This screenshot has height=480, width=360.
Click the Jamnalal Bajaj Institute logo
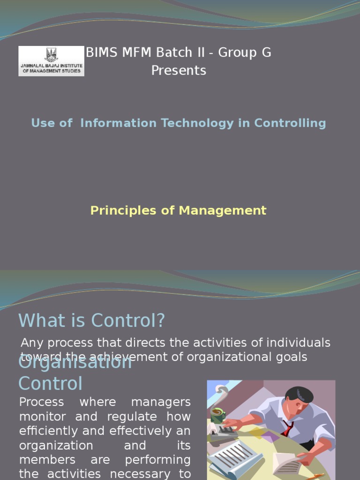pyautogui.click(x=52, y=61)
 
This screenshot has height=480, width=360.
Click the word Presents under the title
pyautogui.click(x=179, y=71)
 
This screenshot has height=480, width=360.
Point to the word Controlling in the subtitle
pyautogui.click(x=290, y=123)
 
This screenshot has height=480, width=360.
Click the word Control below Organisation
pyautogui.click(x=50, y=383)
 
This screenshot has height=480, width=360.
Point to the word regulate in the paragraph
pyautogui.click(x=160, y=417)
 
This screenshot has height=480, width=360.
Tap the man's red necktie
pyautogui.click(x=287, y=428)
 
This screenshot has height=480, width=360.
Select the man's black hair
pyautogui.click(x=300, y=394)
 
